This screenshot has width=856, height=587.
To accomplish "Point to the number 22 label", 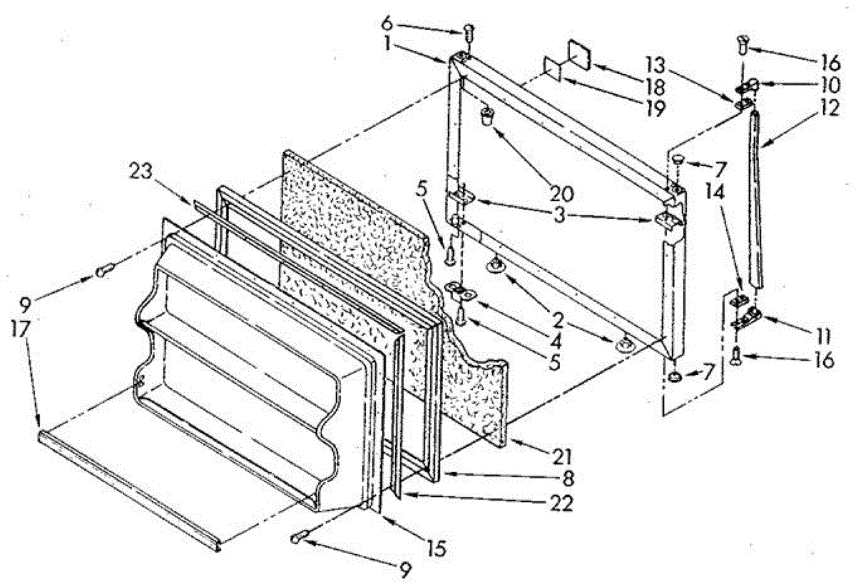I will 561,503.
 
